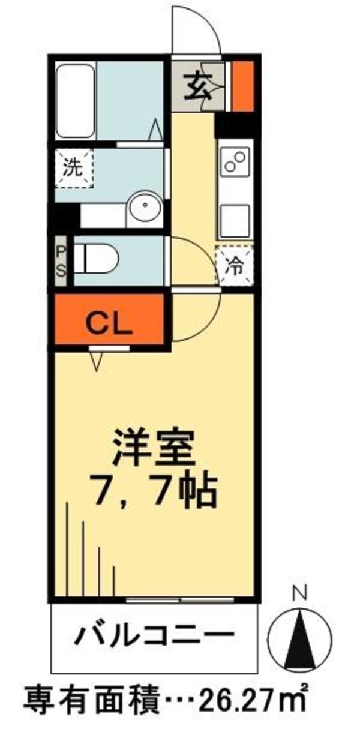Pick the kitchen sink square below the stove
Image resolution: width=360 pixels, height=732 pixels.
[235, 220]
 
